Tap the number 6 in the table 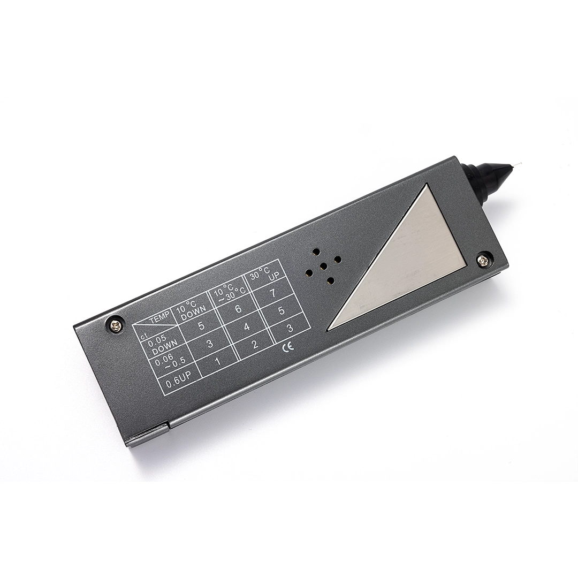[238, 309]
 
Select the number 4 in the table [247, 327]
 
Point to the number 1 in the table [218, 361]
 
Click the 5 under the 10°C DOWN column [201, 326]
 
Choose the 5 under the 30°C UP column [282, 310]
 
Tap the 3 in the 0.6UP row [290, 328]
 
